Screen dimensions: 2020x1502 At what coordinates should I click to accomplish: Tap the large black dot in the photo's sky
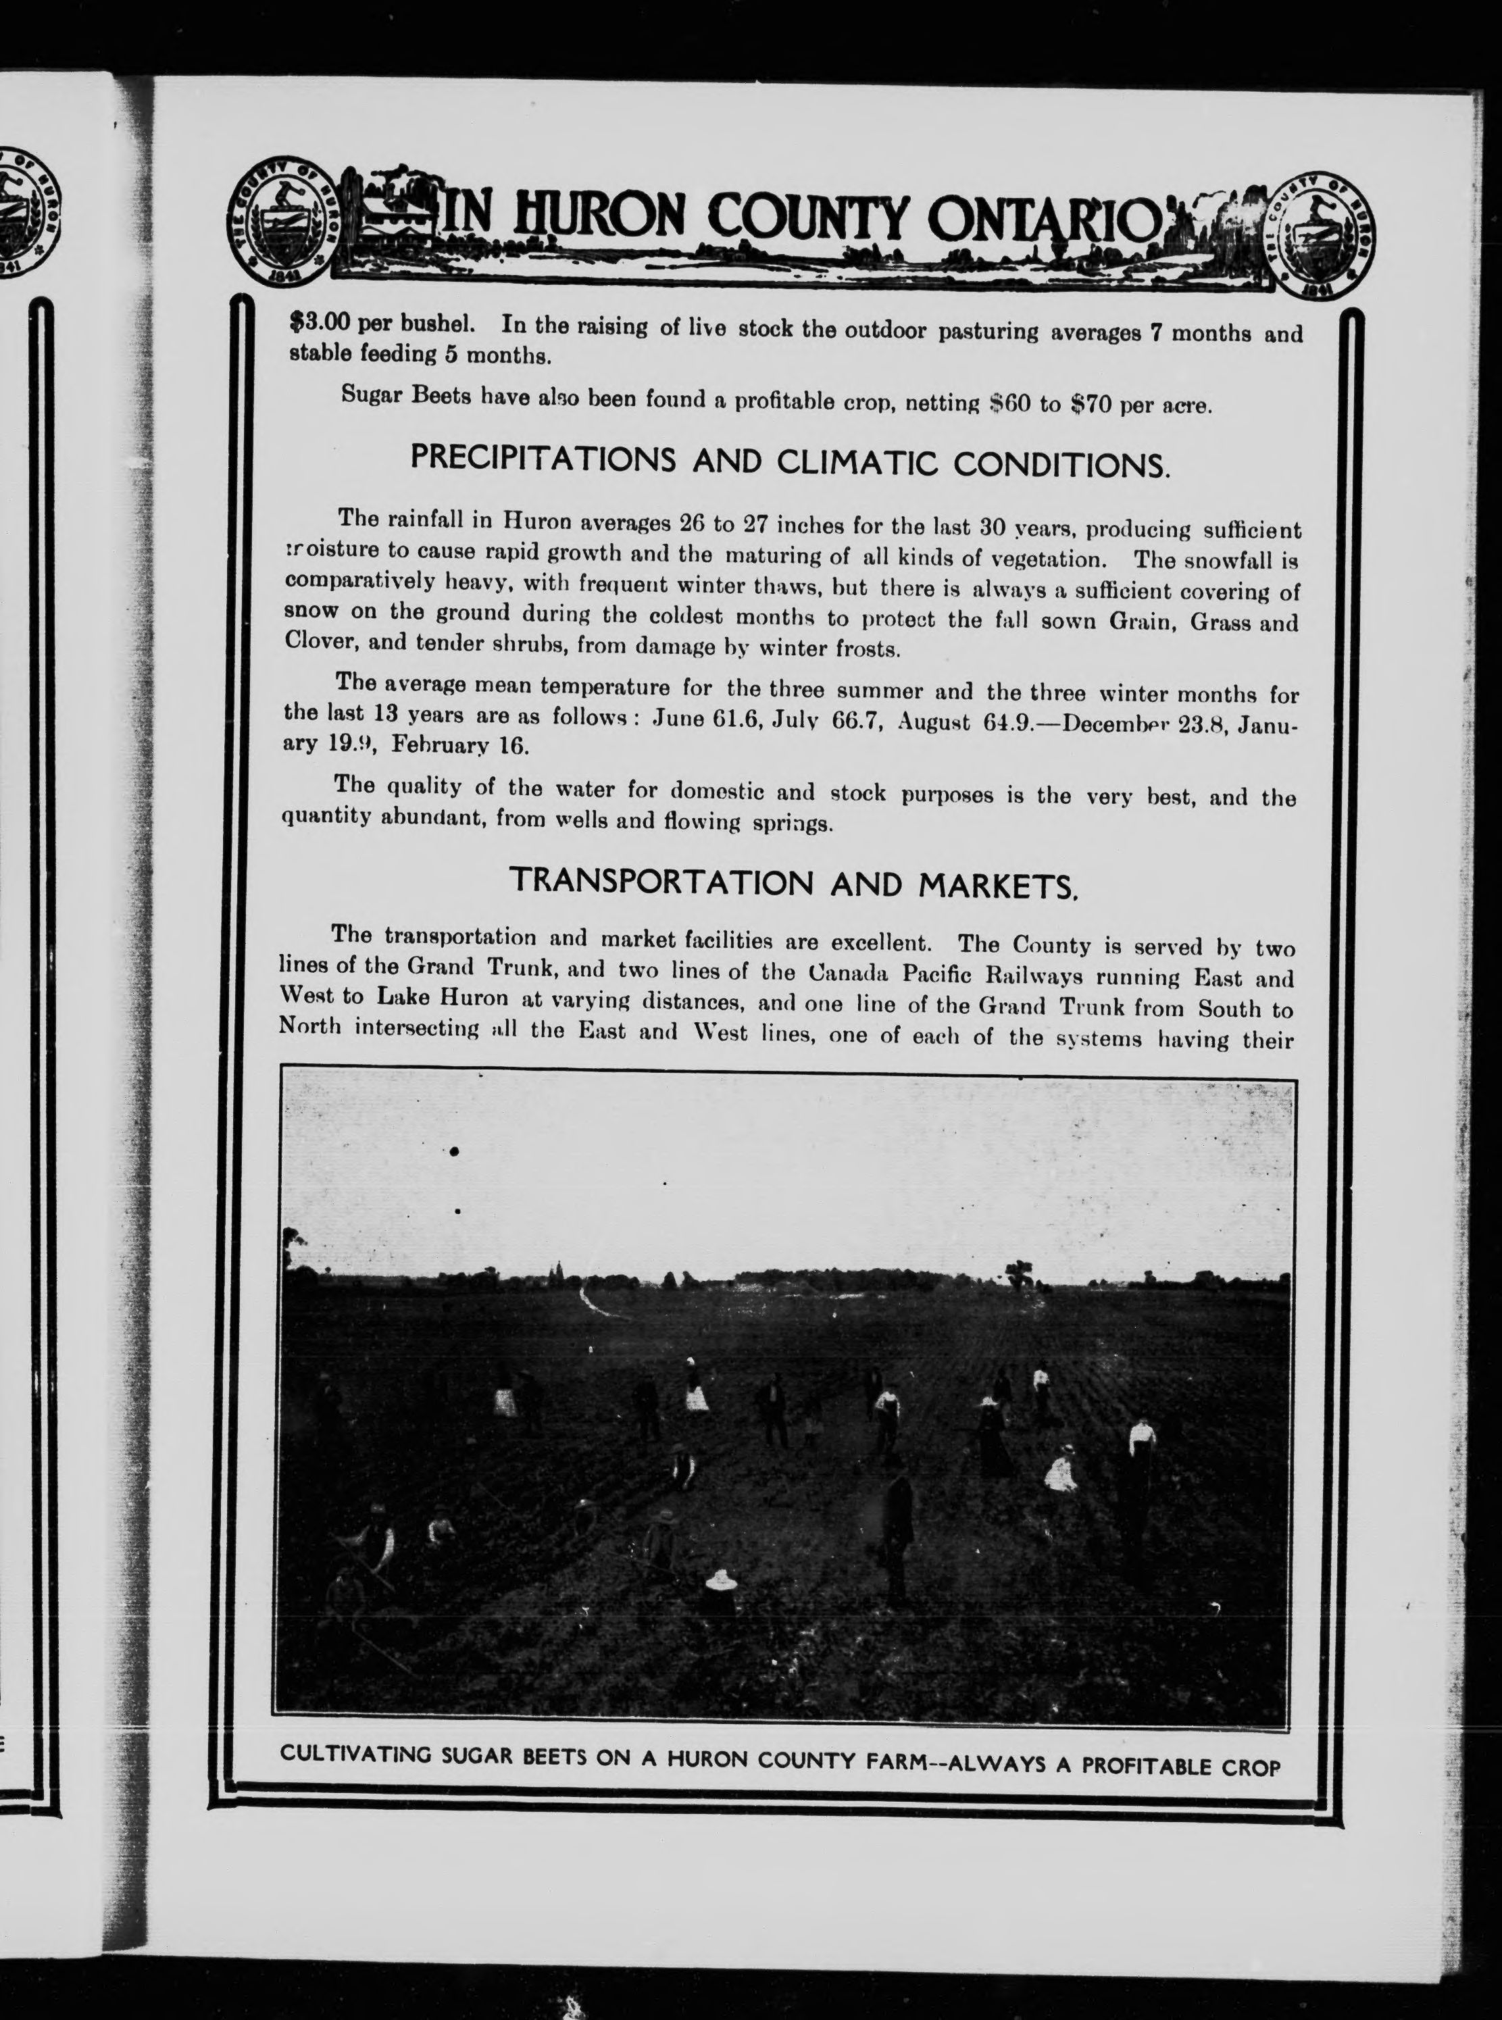[453, 1152]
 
